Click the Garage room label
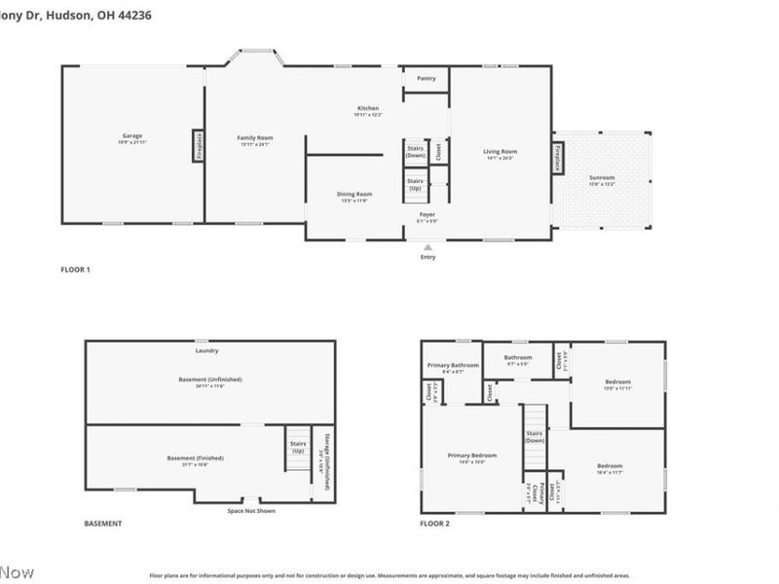[132, 135]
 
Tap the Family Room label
[252, 138]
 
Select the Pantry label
[426, 78]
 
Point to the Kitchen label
[367, 108]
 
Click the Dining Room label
[354, 195]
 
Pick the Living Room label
[501, 152]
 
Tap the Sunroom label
[602, 178]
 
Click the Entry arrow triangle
[427, 247]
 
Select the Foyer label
[427, 213]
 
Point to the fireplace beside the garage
[198, 146]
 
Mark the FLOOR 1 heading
[75, 270]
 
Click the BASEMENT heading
[103, 524]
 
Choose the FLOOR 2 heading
[434, 524]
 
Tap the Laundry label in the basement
[206, 350]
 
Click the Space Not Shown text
[251, 511]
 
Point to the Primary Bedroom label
[472, 456]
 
